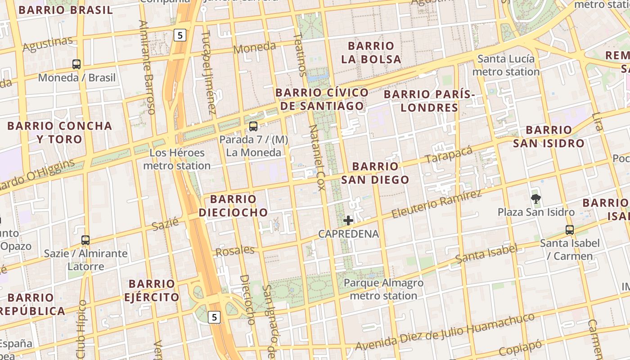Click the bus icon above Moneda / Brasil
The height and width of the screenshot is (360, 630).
click(x=76, y=64)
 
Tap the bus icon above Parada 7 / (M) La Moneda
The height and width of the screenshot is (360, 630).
click(x=253, y=126)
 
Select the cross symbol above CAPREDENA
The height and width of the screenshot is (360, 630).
click(x=348, y=220)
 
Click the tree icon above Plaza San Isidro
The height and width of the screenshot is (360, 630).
click(x=535, y=198)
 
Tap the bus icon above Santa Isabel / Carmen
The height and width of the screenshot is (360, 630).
click(x=570, y=230)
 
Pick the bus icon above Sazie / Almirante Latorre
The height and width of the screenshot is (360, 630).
click(x=85, y=240)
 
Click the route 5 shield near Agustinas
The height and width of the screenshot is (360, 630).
click(x=180, y=35)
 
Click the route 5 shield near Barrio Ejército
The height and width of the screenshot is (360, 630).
click(x=214, y=317)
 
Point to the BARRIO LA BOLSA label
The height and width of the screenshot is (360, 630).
click(x=371, y=53)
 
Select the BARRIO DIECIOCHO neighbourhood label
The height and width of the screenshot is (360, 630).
click(x=233, y=206)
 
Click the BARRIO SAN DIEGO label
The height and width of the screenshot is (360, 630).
click(x=375, y=173)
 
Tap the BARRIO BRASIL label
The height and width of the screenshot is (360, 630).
click(x=66, y=10)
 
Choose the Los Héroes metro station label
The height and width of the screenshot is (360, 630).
click(x=177, y=159)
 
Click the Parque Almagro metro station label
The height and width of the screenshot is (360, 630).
click(x=383, y=289)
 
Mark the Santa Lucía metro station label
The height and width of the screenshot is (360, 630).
click(x=506, y=65)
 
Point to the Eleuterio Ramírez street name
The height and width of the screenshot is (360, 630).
click(x=436, y=204)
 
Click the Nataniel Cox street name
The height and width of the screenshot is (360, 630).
click(x=316, y=157)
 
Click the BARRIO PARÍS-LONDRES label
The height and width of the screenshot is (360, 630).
click(x=429, y=101)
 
